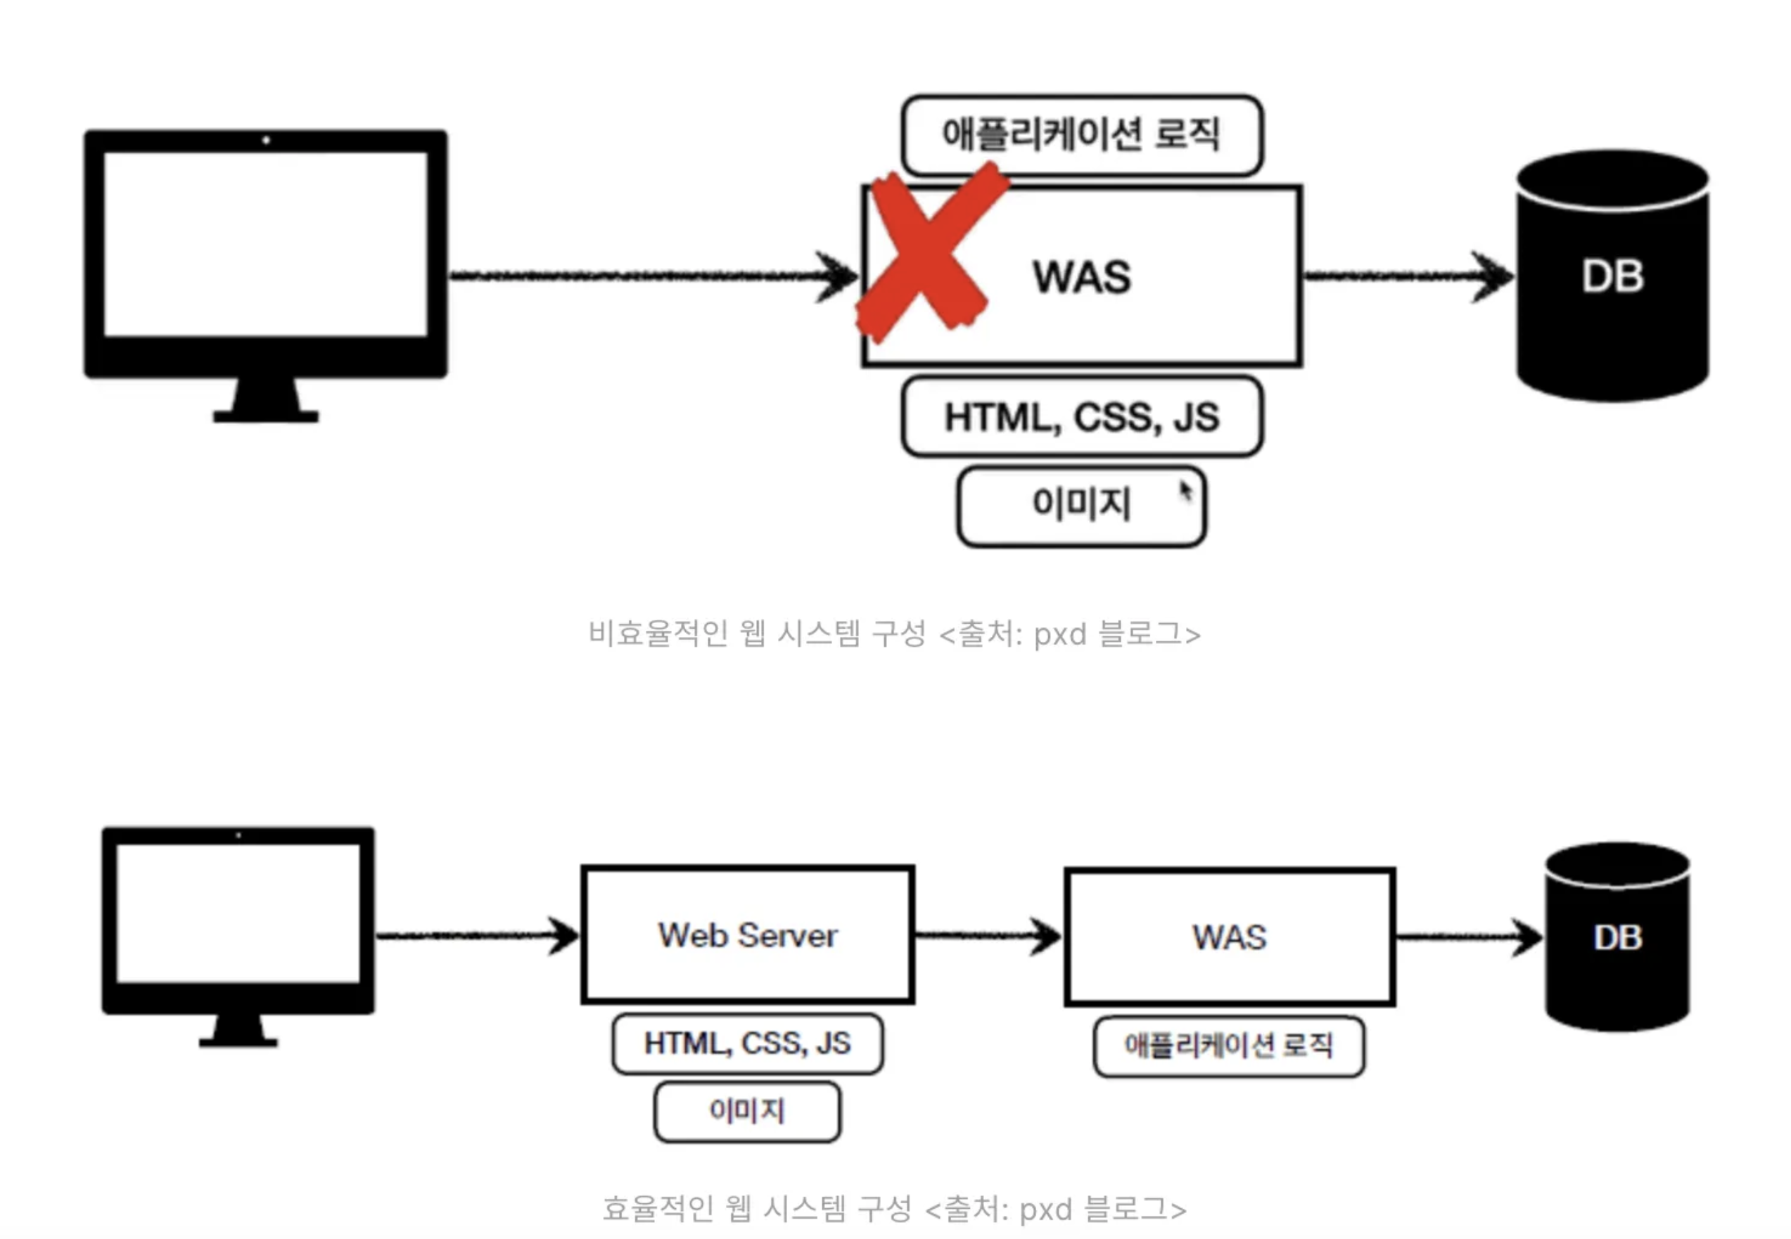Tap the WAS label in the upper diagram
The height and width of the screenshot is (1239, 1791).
pyautogui.click(x=1081, y=277)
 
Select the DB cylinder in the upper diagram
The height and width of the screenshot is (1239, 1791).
pyautogui.click(x=1612, y=277)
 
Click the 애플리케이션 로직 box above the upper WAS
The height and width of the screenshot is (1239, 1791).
pyautogui.click(x=1081, y=134)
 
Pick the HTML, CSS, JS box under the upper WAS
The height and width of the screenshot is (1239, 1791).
pyautogui.click(x=1081, y=418)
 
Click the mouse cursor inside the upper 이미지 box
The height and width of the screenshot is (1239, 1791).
pyautogui.click(x=1185, y=491)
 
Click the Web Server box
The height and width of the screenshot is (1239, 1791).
pyautogui.click(x=747, y=935)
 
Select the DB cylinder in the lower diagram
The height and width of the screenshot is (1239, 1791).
pyautogui.click(x=1617, y=938)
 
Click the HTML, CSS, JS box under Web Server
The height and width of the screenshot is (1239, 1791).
pyautogui.click(x=747, y=1044)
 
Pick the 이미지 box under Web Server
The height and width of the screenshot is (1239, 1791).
pyautogui.click(x=747, y=1111)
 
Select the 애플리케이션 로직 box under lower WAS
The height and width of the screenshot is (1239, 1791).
pyautogui.click(x=1229, y=1046)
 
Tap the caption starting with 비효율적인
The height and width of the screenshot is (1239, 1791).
pyautogui.click(x=893, y=634)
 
